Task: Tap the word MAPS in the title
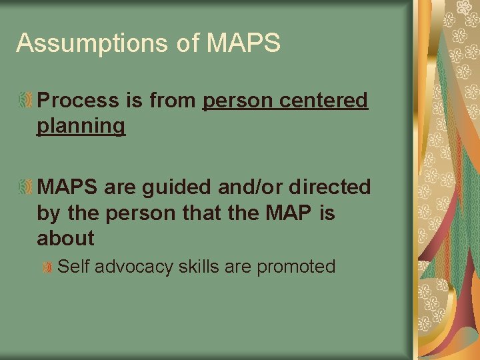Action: (244, 43)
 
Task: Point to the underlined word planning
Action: (81, 126)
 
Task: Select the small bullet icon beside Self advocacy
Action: (47, 268)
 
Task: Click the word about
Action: (65, 238)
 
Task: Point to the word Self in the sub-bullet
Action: (73, 267)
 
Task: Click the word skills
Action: (199, 267)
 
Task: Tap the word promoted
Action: (296, 267)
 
